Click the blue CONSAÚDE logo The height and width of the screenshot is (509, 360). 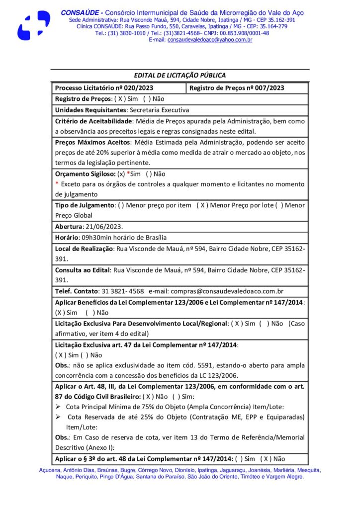pyautogui.click(x=34, y=25)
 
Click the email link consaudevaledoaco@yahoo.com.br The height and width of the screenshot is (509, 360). pyautogui.click(x=209, y=40)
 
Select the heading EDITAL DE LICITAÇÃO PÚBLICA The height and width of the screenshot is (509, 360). pyautogui.click(x=180, y=76)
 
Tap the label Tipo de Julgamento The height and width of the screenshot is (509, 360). pyautogui.click(x=84, y=205)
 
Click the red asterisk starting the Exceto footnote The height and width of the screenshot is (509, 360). pyautogui.click(x=57, y=184)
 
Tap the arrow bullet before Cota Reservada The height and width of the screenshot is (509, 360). pyautogui.click(x=58, y=418)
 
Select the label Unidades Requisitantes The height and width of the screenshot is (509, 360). pyautogui.click(x=90, y=110)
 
